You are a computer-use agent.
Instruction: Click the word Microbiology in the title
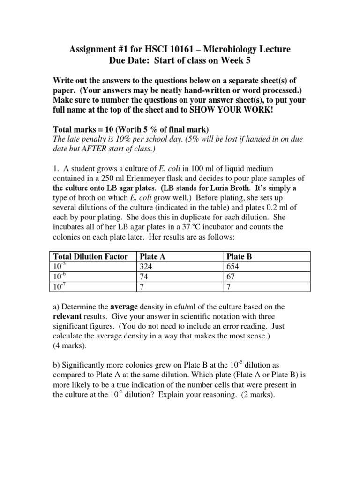coord(229,49)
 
